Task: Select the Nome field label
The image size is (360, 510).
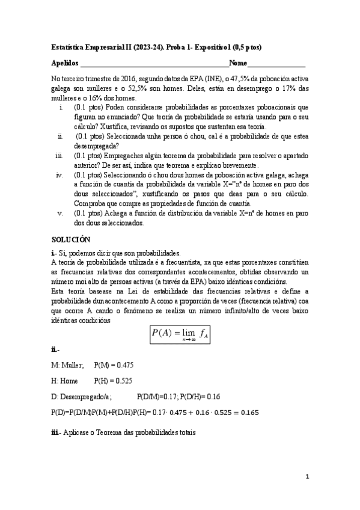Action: coord(237,63)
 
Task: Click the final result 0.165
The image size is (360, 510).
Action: coord(248,413)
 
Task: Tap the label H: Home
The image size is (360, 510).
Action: coord(66,381)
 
